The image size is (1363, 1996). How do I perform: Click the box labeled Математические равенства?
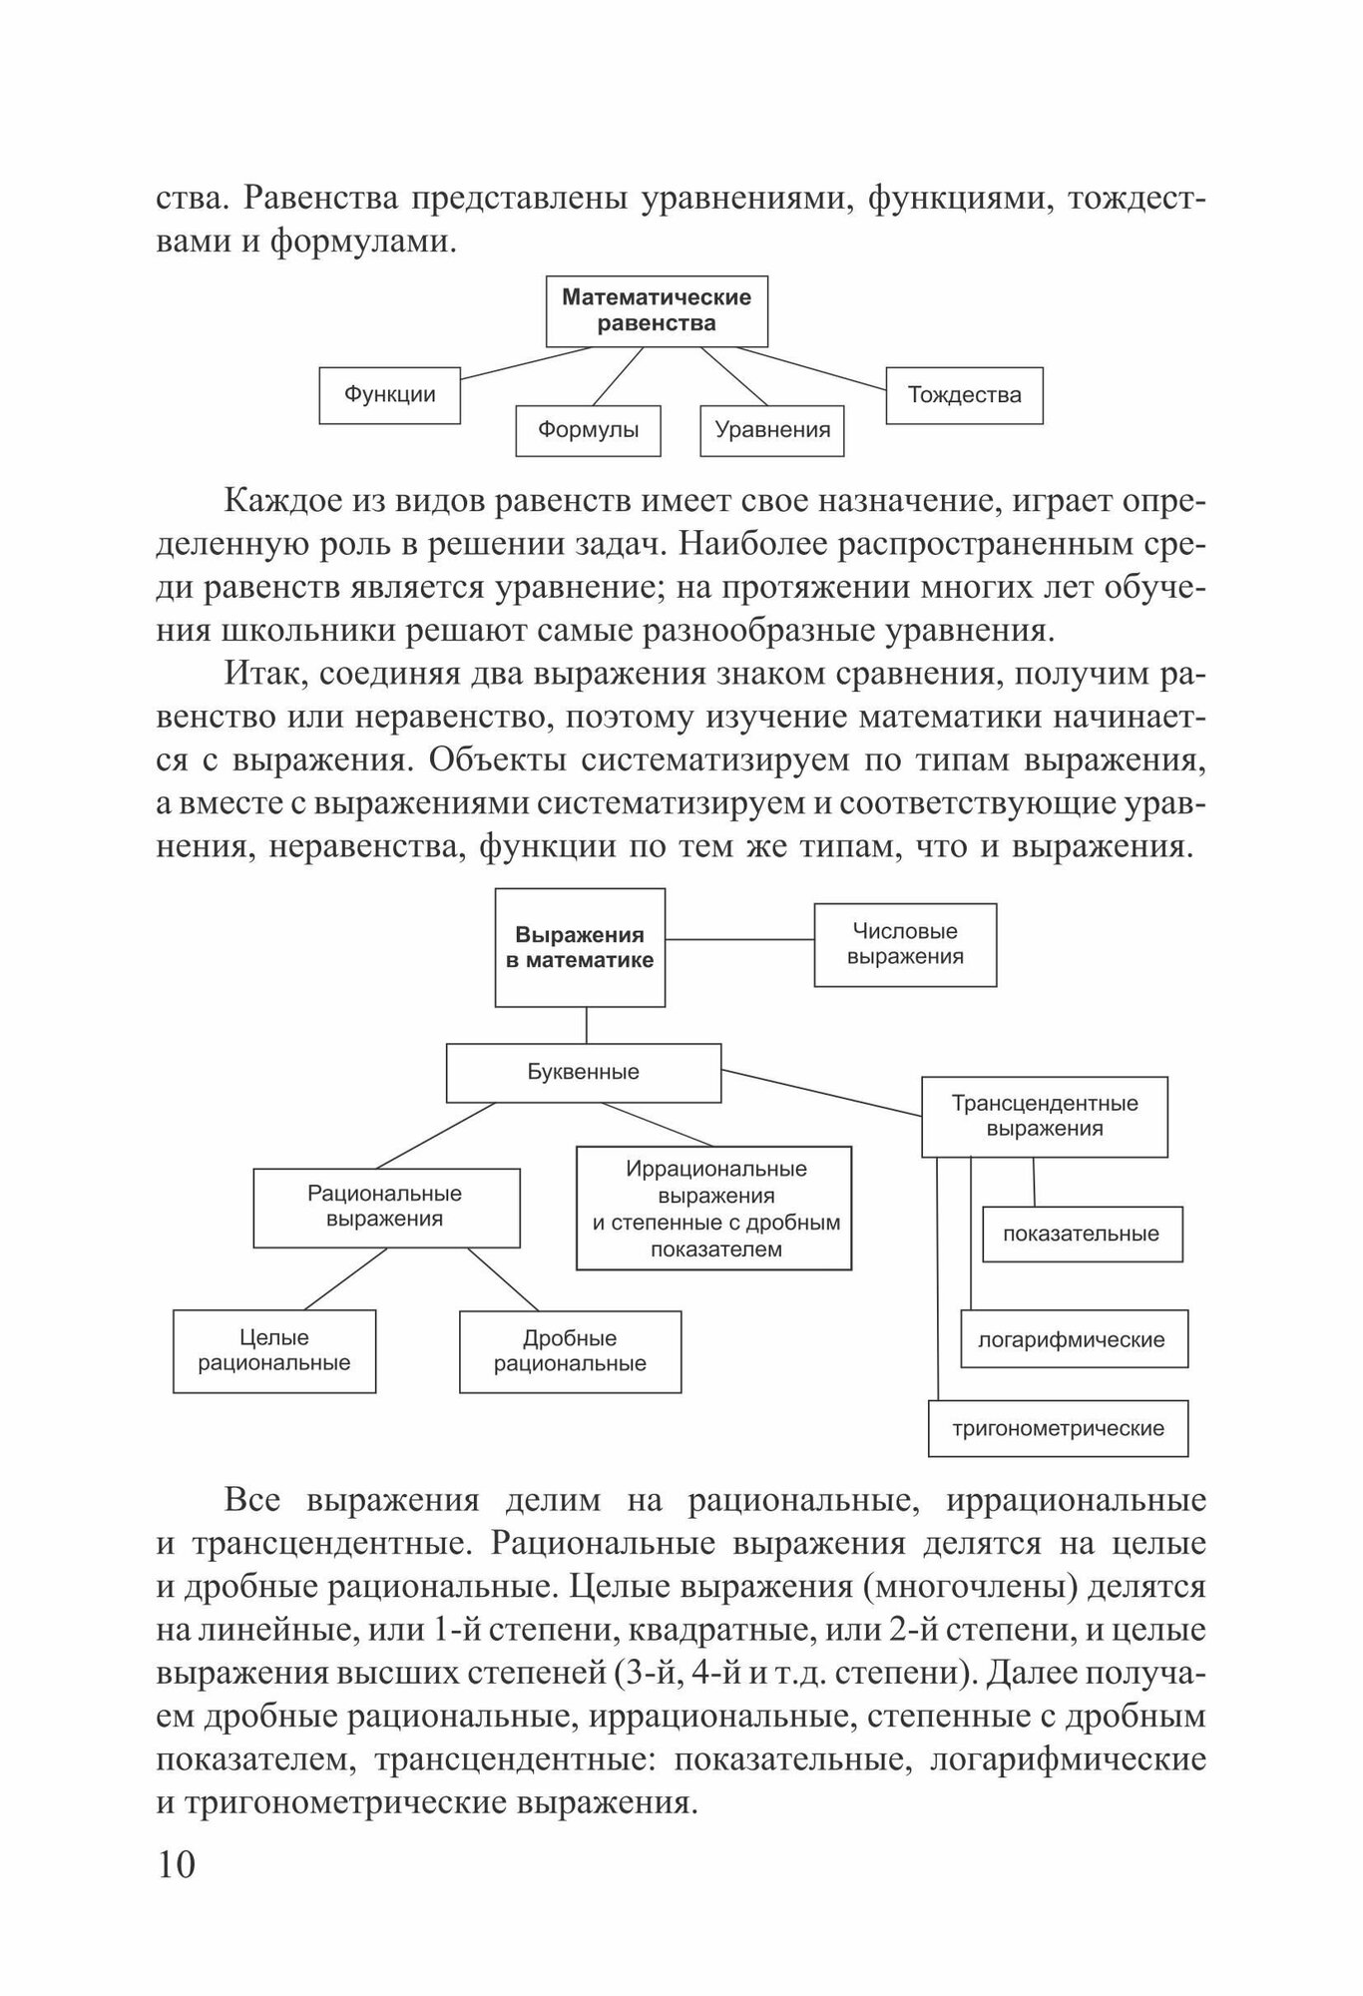coord(657,310)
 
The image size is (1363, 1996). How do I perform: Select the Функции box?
coord(389,395)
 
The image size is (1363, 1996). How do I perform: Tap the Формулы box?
coord(588,430)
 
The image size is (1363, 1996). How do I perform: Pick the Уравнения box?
coord(772,430)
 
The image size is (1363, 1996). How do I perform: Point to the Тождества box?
coord(964,395)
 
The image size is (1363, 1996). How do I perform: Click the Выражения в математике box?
coord(580,948)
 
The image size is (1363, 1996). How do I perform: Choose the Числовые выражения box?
coord(905,945)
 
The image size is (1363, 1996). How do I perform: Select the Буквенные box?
coord(583,1073)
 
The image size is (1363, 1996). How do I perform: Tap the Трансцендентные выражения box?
coord(1044,1117)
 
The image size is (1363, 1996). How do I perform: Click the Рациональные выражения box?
coord(386,1208)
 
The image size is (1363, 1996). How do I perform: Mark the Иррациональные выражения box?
coord(714,1208)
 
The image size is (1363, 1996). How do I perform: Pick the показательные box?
coord(1082,1235)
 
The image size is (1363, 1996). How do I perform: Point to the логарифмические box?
coord(1073,1339)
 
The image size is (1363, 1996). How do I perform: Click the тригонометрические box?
coord(1058,1428)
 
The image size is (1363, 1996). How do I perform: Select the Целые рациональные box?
coord(274,1351)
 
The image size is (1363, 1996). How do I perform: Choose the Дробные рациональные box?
coord(570,1351)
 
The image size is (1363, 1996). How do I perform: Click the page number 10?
coord(177,1864)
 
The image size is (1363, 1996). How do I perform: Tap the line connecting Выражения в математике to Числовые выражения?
coord(739,939)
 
